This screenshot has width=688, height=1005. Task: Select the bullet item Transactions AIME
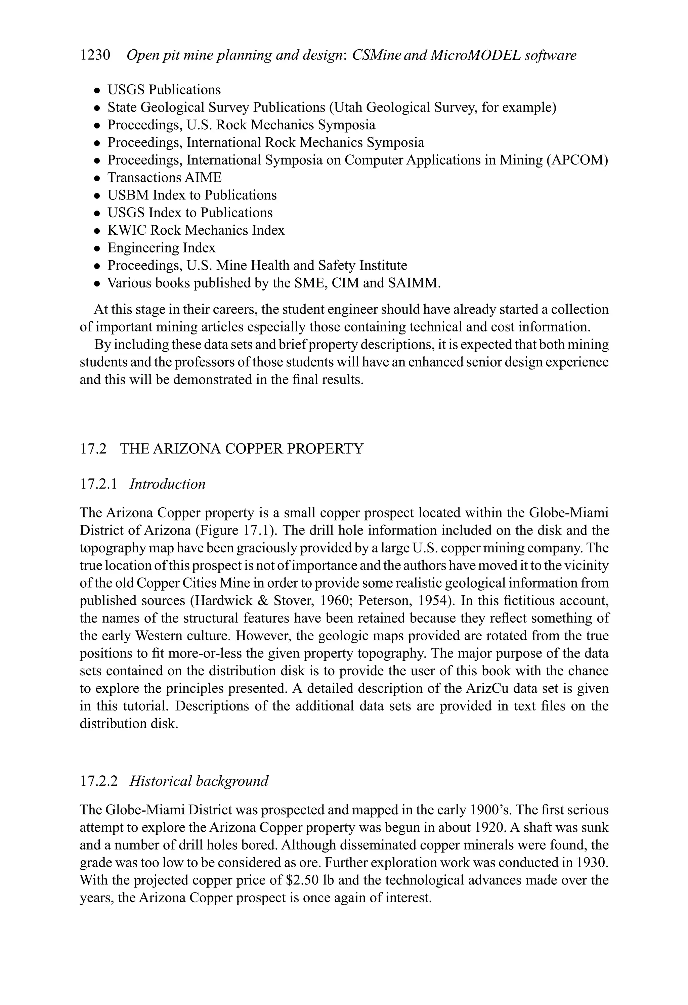pyautogui.click(x=164, y=178)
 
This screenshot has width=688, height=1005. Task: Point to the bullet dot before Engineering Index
pyautogui.click(x=98, y=248)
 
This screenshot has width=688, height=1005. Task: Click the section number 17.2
pyautogui.click(x=93, y=449)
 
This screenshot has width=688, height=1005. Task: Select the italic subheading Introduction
pyautogui.click(x=167, y=484)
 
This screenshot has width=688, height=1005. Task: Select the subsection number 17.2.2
pyautogui.click(x=99, y=781)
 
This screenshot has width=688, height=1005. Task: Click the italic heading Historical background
pyautogui.click(x=199, y=781)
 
